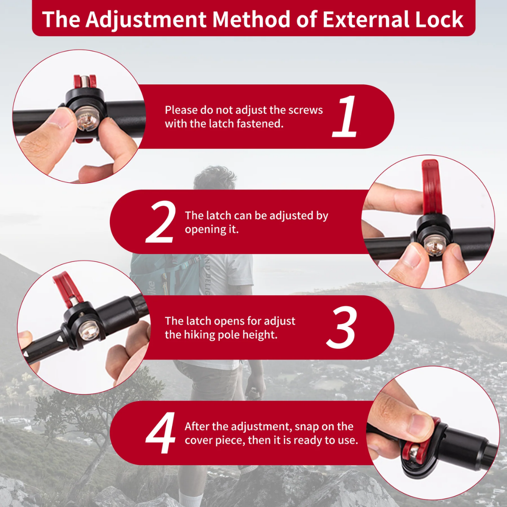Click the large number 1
(x=345, y=116)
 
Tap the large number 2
(x=161, y=222)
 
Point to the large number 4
(x=161, y=433)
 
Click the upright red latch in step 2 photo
(x=432, y=187)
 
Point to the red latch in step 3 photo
(x=68, y=289)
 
